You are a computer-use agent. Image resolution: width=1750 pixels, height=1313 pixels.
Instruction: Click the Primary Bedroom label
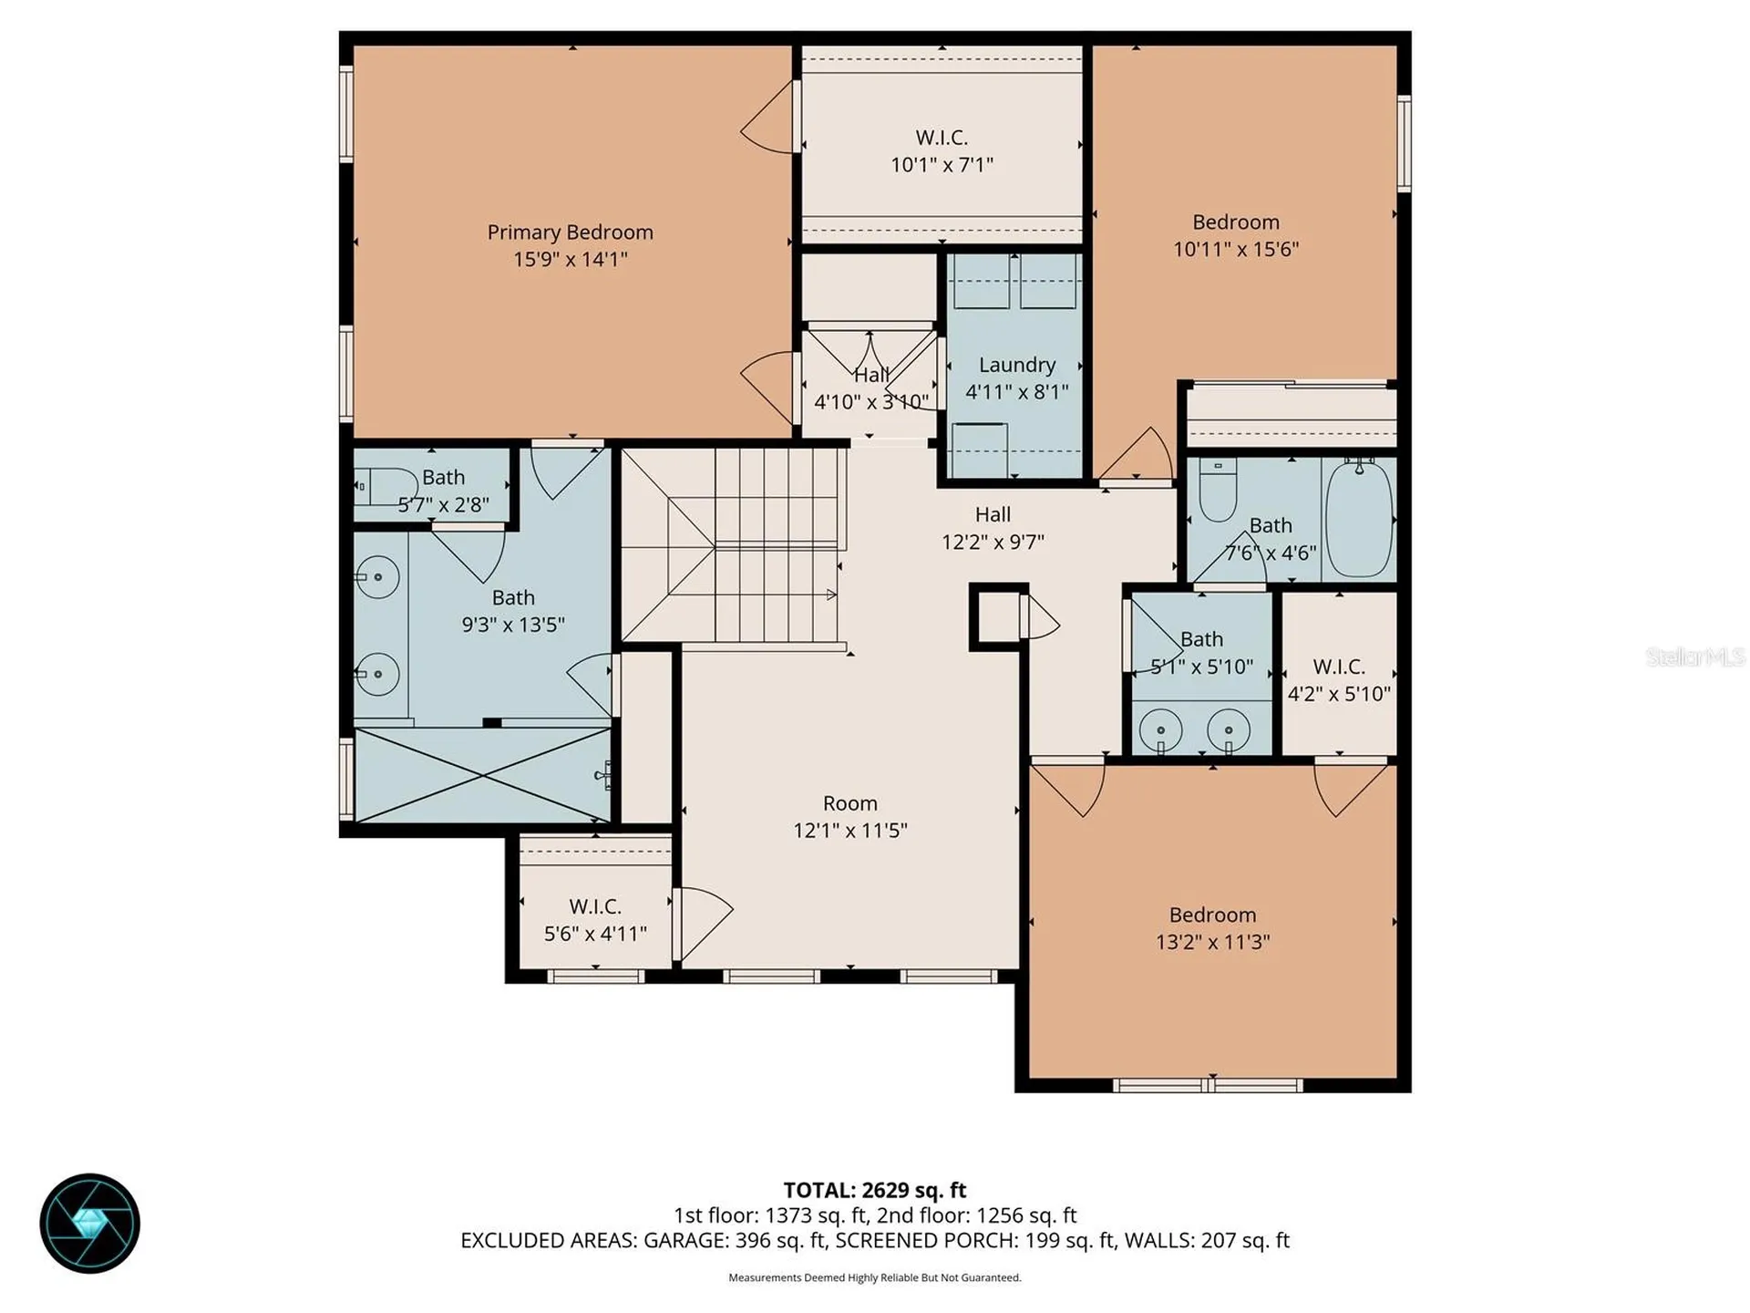click(570, 233)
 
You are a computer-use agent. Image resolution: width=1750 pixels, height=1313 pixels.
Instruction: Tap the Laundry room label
click(1017, 365)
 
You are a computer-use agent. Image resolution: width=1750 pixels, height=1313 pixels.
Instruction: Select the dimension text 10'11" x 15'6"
click(1236, 249)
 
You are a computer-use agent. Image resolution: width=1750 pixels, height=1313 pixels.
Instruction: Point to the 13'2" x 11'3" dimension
click(1212, 942)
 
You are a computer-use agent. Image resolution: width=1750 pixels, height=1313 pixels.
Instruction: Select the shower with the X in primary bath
click(482, 774)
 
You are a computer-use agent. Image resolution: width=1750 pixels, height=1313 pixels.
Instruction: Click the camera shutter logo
click(89, 1223)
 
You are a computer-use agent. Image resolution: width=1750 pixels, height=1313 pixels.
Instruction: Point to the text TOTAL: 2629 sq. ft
click(875, 1190)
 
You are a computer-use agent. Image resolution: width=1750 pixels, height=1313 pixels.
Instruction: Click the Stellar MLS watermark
click(1695, 656)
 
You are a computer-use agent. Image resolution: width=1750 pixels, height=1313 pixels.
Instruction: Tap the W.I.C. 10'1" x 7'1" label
click(942, 151)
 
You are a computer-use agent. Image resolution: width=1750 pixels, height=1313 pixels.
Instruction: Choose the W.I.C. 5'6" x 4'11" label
click(595, 920)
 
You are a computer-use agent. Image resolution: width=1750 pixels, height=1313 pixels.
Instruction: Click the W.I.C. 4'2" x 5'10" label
click(1339, 680)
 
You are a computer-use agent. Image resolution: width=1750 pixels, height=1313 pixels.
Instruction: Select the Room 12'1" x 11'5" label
click(850, 817)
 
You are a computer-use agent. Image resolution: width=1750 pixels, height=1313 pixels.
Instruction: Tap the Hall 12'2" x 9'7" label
click(993, 528)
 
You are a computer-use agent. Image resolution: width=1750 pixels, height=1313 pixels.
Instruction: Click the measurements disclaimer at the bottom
click(875, 1277)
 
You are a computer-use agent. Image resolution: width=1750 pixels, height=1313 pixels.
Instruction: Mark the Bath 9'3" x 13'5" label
click(513, 611)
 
